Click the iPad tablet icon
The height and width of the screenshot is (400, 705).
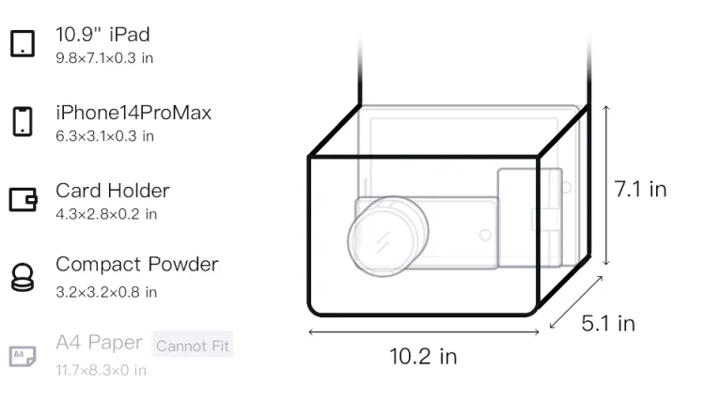(x=23, y=43)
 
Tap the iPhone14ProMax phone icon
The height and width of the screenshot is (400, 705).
(x=23, y=121)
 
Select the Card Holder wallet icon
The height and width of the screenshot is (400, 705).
(x=23, y=199)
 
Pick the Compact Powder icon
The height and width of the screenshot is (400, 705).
(x=22, y=277)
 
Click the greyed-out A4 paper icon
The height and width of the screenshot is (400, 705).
(x=23, y=356)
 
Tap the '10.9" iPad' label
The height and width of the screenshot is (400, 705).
(x=102, y=35)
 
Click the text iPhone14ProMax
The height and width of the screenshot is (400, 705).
(x=133, y=113)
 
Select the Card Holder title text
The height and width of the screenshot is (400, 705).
(x=113, y=191)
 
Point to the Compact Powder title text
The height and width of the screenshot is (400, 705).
(x=137, y=265)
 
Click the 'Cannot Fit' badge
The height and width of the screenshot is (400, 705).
(x=193, y=346)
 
